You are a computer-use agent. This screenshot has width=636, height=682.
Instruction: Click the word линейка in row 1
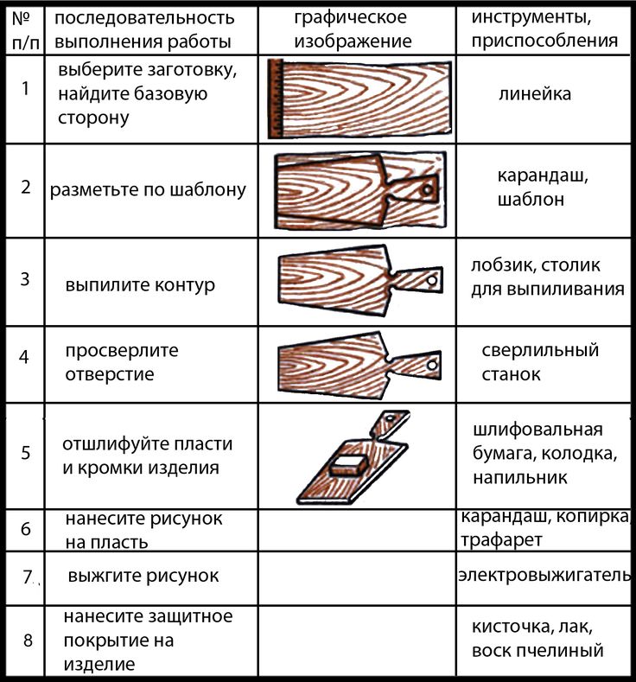pyautogui.click(x=535, y=94)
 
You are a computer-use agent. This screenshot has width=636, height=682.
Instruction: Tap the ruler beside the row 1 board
pyautogui.click(x=276, y=99)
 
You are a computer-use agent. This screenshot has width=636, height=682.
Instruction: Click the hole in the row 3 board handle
pyautogui.click(x=432, y=281)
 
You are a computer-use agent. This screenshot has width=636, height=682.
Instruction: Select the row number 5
pyautogui.click(x=26, y=453)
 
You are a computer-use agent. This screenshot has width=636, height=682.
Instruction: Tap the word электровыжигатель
pyautogui.click(x=544, y=575)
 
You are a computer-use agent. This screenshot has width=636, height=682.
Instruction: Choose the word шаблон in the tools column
pyautogui.click(x=531, y=200)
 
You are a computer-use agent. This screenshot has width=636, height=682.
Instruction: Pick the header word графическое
pyautogui.click(x=350, y=18)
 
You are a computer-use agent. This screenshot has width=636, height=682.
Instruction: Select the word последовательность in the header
pyautogui.click(x=144, y=18)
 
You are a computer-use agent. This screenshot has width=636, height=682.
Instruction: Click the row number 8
pyautogui.click(x=28, y=641)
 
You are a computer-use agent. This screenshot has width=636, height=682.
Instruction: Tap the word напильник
pyautogui.click(x=520, y=478)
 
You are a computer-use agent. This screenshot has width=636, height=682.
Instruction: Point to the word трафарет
pyautogui.click(x=501, y=540)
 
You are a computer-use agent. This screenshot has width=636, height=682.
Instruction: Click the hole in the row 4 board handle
pyautogui.click(x=432, y=365)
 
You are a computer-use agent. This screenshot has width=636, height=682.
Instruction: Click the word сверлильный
pyautogui.click(x=540, y=351)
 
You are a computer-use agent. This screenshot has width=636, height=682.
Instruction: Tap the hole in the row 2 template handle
pyautogui.click(x=428, y=190)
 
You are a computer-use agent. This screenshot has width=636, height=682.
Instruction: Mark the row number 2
pyautogui.click(x=26, y=188)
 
